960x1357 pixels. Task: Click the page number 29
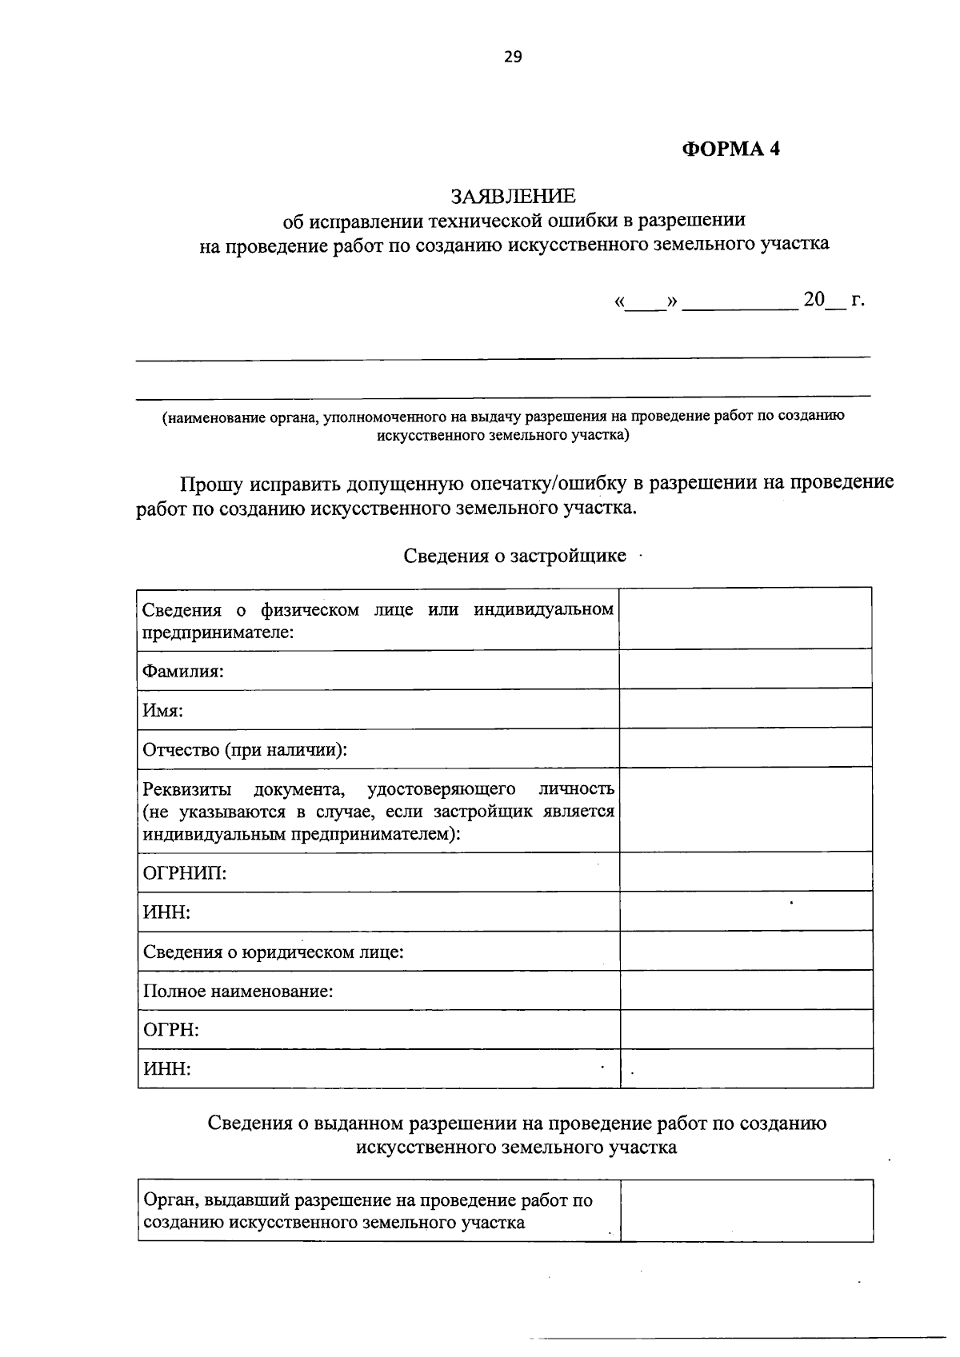(x=512, y=56)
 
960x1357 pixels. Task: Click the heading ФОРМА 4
(x=730, y=149)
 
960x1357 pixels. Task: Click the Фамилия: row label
(x=182, y=671)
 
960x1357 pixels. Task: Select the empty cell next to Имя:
(x=746, y=708)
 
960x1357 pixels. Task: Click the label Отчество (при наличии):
(x=245, y=750)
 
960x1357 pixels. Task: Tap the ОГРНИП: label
(x=184, y=872)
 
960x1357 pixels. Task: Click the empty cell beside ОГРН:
(x=746, y=1029)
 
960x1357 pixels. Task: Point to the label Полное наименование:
(x=238, y=992)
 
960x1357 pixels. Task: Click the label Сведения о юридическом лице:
(x=273, y=952)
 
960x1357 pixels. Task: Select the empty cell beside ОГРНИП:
(x=746, y=872)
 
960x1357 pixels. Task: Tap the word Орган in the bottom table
(x=169, y=1200)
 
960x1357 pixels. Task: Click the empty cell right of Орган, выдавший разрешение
(x=746, y=1211)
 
